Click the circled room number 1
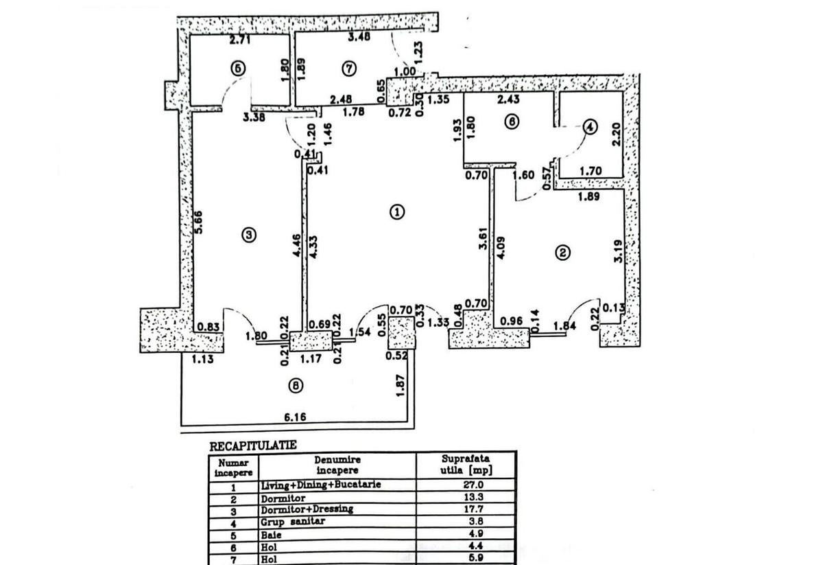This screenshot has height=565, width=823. (x=397, y=211)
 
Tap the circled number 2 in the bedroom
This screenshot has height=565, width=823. (x=562, y=253)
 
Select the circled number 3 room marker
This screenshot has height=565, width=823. (x=249, y=235)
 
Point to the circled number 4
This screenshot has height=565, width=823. (x=591, y=127)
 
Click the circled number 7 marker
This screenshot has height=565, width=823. (x=348, y=69)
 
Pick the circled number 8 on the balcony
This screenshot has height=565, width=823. (x=295, y=387)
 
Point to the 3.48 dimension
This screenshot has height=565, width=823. (x=359, y=37)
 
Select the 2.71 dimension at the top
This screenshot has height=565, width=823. (x=240, y=41)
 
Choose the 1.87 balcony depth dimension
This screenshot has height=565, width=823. (x=401, y=384)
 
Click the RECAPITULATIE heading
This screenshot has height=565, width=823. (x=252, y=446)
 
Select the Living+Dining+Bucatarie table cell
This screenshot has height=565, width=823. (x=320, y=485)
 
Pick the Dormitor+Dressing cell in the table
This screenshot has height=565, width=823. (x=307, y=509)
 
